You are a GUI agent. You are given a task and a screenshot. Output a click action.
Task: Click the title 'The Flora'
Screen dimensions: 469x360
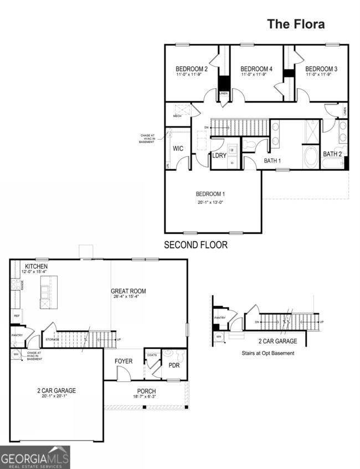tap(296, 24)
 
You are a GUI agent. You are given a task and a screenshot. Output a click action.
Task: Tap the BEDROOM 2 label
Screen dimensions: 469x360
tap(191, 69)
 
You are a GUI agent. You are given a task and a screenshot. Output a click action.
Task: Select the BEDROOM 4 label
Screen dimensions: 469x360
tap(256, 69)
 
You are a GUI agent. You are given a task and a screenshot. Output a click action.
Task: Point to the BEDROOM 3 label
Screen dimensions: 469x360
tap(321, 69)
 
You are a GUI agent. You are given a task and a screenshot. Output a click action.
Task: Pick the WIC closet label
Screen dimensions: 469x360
tap(178, 149)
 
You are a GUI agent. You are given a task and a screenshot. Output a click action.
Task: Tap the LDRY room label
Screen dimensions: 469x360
tap(219, 156)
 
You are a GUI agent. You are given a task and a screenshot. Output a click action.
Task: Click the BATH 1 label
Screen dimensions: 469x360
tap(272, 161)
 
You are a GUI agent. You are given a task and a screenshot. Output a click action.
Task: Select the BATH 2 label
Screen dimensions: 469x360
tap(332, 154)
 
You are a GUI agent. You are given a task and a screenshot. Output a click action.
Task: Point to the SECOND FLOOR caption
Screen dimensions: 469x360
tap(196, 244)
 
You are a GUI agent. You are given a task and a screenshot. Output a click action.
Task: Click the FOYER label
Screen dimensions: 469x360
tap(124, 361)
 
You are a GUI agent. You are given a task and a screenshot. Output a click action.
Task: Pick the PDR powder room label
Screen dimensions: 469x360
tap(174, 366)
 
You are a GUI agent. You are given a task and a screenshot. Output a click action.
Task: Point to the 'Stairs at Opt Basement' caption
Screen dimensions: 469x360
tap(268, 353)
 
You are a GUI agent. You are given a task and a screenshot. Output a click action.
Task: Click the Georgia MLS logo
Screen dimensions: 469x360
tap(35, 457)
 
